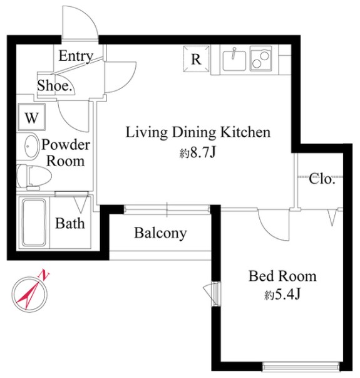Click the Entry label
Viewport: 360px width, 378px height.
pos(76,56)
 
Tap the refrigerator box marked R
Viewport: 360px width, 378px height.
pos(196,59)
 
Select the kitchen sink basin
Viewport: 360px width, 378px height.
pos(234,61)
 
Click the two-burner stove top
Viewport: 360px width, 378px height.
pos(261,58)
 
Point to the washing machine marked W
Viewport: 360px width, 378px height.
pos(31,117)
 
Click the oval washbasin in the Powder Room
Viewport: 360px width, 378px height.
pos(31,146)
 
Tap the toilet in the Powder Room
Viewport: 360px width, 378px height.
pos(34,177)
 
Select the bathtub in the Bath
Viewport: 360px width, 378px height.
pos(34,223)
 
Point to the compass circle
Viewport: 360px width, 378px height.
pos(29,278)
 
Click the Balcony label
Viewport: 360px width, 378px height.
pos(160,233)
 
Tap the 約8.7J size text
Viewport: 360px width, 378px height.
pos(197,152)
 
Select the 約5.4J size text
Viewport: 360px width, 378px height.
pos(282,294)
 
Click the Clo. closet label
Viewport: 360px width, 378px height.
pos(322,179)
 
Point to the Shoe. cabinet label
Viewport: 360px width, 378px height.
pos(54,85)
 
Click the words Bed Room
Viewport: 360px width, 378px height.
pos(282,276)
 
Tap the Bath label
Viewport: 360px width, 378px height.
pos(70,223)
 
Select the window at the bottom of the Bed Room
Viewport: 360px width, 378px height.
pos(301,366)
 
